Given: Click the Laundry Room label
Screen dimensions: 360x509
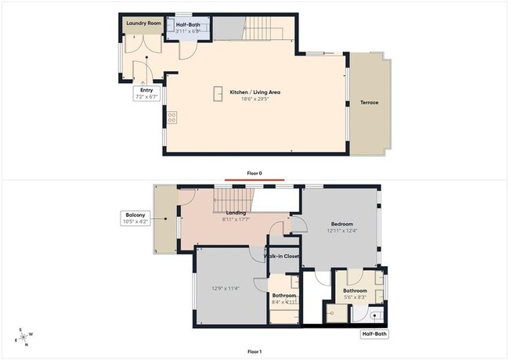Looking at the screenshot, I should [143, 23].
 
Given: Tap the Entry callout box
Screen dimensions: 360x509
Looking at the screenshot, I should [146, 94].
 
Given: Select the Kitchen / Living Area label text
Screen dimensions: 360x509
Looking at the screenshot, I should [255, 92].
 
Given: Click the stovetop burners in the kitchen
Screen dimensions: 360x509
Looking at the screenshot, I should [171, 118].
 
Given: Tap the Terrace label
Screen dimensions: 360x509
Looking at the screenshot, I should [370, 103].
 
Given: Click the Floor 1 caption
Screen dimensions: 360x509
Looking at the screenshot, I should [254, 351].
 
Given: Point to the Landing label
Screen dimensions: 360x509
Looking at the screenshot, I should [236, 213].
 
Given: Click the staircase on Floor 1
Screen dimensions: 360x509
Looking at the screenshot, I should [236, 197].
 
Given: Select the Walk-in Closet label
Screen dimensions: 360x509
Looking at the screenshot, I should [281, 256].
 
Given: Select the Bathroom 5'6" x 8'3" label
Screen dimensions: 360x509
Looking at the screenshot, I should [355, 294].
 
